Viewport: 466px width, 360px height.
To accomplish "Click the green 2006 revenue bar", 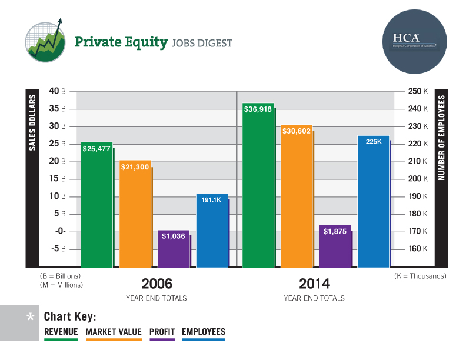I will pos(97,206).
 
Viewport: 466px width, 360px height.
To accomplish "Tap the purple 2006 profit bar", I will pos(174,250).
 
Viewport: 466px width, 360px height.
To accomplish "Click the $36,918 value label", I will pos(258,109).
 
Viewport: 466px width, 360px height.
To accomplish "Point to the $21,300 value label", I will pos(135,167).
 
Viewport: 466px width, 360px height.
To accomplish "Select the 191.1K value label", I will pos(211,200).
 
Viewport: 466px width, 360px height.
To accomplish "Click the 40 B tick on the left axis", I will pos(57,91).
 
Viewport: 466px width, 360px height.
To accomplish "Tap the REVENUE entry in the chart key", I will pos(61,332).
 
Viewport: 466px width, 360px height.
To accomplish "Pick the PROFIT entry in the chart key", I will pos(162,332).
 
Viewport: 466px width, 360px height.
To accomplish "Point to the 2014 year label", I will pos(314,283).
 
